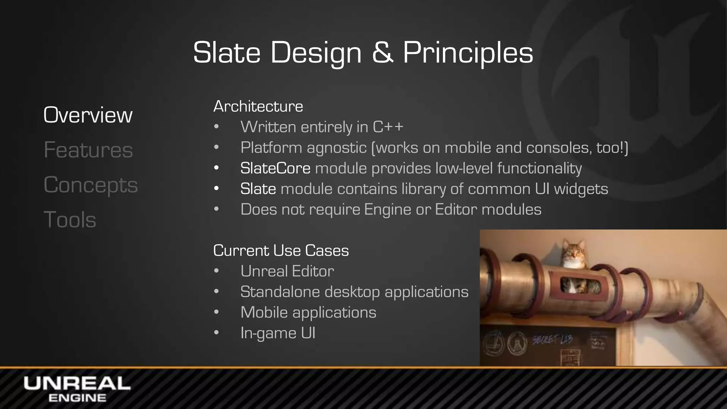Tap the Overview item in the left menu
point(88,115)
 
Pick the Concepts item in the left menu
point(91,185)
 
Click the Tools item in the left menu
point(70,219)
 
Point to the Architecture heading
point(258,106)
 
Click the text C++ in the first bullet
point(388,127)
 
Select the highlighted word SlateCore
point(275,168)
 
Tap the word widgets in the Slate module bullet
point(581,189)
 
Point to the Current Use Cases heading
point(281,250)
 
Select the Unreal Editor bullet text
point(287,271)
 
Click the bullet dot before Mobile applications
point(217,312)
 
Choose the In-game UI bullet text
point(278,333)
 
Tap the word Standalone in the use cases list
point(280,292)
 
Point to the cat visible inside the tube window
point(572,285)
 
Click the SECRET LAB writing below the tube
point(552,340)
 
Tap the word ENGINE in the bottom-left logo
point(77,398)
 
